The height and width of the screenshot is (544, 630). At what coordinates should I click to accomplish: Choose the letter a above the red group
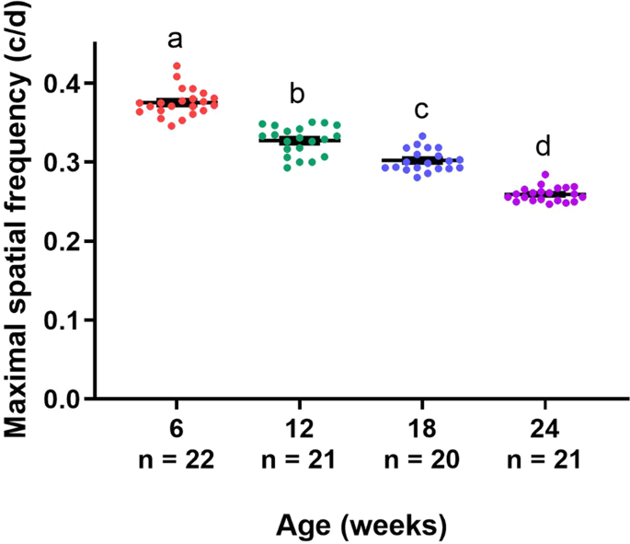176,40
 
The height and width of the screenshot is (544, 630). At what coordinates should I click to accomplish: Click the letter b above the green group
298,95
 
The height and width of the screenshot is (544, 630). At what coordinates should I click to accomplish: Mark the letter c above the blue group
421,110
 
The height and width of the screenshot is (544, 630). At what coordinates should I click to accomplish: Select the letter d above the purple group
544,146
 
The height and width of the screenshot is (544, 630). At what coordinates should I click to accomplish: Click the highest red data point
177,66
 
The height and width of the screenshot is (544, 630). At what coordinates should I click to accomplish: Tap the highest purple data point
544,174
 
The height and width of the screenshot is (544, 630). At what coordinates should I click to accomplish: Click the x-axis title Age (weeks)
361,526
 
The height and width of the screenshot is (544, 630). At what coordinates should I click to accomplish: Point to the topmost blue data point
422,136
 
